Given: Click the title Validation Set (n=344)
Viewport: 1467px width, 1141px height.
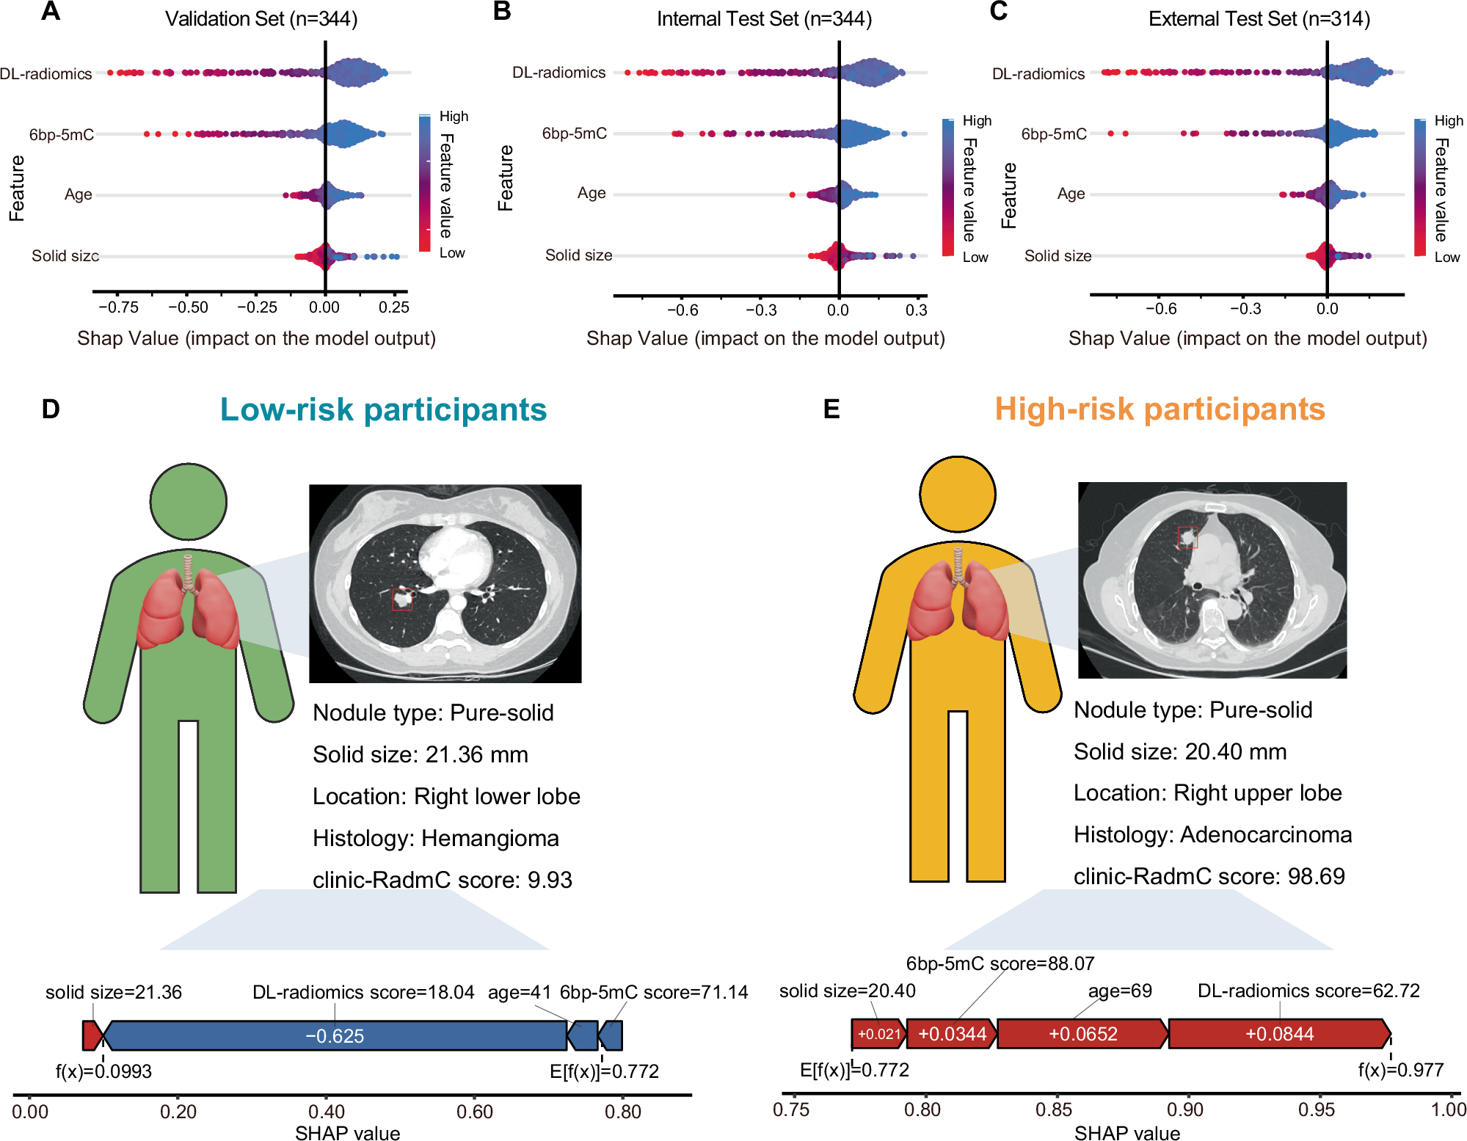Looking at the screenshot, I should (261, 19).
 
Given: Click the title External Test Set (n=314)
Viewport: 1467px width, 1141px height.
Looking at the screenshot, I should (1259, 19).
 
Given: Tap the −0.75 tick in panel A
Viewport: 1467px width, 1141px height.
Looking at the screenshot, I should (118, 307).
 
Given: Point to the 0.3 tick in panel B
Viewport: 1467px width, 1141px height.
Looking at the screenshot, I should (916, 310).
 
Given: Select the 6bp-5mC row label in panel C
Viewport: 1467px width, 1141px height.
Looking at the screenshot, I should (1054, 134).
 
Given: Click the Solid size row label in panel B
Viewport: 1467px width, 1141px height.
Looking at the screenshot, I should (578, 255).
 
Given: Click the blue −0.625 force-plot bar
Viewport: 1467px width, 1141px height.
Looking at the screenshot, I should (335, 1035).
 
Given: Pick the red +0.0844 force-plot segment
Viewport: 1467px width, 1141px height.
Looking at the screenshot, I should (1279, 1034).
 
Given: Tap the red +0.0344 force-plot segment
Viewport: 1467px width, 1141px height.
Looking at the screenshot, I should (952, 1034).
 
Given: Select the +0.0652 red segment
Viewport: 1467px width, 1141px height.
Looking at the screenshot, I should (1082, 1034).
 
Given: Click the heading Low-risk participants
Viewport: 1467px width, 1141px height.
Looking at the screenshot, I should (383, 409).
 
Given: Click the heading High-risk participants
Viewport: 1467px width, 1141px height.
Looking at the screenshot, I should (1160, 409).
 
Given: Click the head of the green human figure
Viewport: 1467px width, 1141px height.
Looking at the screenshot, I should (189, 502).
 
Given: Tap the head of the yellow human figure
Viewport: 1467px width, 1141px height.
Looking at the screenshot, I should (958, 494).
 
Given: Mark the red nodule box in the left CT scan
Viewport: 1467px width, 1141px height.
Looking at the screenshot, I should (401, 599).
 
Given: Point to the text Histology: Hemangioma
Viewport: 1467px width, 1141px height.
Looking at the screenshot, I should (435, 838).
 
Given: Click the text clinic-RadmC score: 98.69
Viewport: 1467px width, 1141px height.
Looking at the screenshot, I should (1209, 876).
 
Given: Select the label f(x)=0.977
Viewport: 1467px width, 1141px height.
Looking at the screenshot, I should (1400, 1070).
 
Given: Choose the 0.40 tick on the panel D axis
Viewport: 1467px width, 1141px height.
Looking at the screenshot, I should (327, 1112).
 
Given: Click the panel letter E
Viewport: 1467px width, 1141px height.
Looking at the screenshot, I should (831, 409).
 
